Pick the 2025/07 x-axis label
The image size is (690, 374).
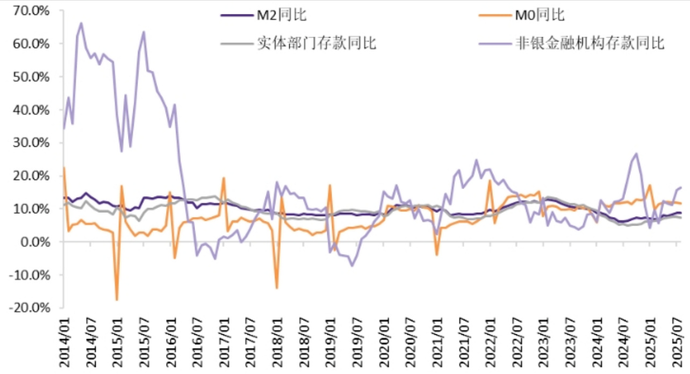point(676,342)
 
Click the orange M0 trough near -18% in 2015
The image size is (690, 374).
point(117,299)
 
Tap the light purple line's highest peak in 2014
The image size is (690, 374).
point(81,23)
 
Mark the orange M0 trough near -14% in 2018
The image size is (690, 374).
point(277,288)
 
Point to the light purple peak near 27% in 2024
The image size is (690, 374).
point(637,154)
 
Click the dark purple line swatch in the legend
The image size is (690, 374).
point(236,15)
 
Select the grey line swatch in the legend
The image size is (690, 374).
point(236,44)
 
